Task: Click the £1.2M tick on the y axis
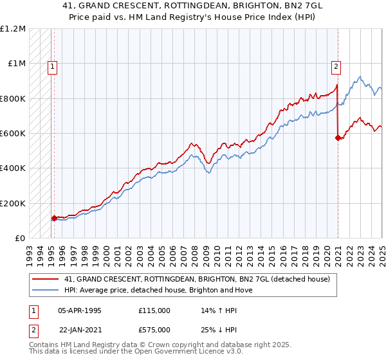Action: pyautogui.click(x=14, y=28)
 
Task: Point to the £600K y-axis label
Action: pyautogui.click(x=13, y=134)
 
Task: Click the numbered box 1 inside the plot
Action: pyautogui.click(x=51, y=65)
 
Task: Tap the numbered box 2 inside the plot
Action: pyautogui.click(x=336, y=65)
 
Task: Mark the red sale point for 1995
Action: pyautogui.click(x=54, y=218)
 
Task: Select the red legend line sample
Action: pyautogui.click(x=46, y=279)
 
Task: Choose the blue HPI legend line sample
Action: pyautogui.click(x=46, y=290)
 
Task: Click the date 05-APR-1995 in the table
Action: pyautogui.click(x=80, y=310)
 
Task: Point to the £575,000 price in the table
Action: pyautogui.click(x=154, y=330)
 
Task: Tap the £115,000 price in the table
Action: pyautogui.click(x=154, y=310)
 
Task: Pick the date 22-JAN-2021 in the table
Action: pyautogui.click(x=80, y=330)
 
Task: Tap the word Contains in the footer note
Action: pyautogui.click(x=45, y=345)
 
